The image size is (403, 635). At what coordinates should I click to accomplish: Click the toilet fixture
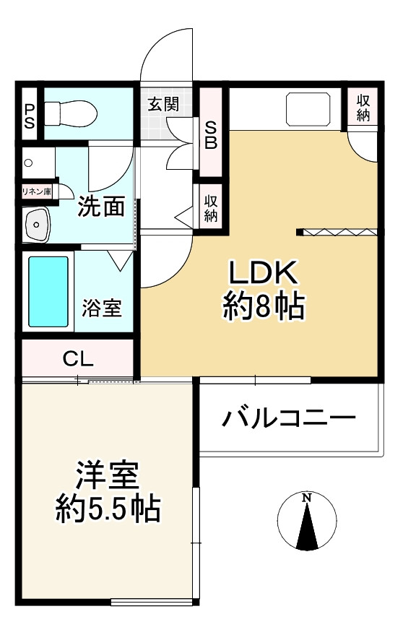click(69, 112)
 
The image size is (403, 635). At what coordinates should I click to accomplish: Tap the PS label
click(30, 116)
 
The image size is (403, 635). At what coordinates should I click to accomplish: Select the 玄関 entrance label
click(164, 103)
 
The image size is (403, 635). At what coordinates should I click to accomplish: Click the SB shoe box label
click(211, 134)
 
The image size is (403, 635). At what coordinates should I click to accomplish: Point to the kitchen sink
click(309, 109)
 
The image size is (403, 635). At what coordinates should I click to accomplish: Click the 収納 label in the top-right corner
click(363, 108)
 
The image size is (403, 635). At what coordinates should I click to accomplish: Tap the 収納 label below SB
click(211, 207)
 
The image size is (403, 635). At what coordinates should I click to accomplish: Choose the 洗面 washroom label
click(102, 207)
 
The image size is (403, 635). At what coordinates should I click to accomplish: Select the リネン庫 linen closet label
click(36, 191)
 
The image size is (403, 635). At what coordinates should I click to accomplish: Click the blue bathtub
click(48, 290)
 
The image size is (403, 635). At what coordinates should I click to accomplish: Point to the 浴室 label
click(102, 309)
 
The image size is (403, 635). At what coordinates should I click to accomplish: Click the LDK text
click(262, 274)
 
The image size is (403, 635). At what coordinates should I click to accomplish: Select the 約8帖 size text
click(262, 308)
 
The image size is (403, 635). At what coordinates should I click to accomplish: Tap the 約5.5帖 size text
click(108, 511)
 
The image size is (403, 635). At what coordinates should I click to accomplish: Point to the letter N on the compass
click(307, 498)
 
